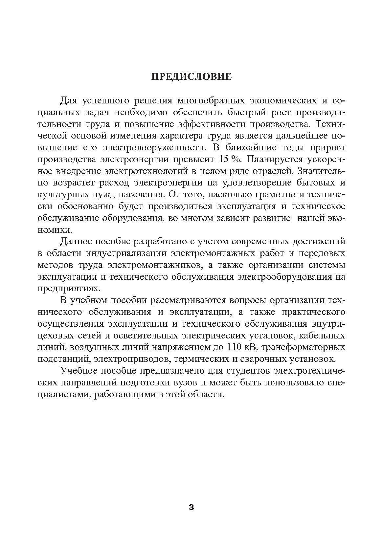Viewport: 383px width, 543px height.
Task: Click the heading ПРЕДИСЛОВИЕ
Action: click(191, 77)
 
